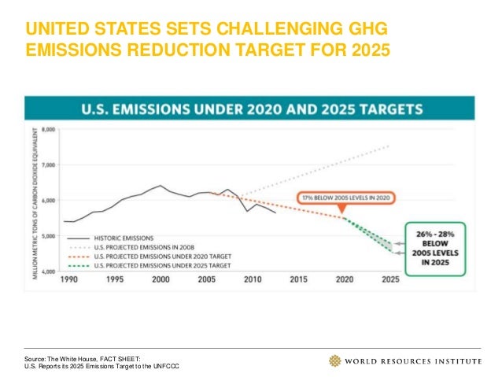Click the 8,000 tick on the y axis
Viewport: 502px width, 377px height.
click(48, 129)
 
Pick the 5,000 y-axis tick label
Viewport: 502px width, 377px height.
click(48, 236)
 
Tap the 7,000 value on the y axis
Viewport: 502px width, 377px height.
click(48, 165)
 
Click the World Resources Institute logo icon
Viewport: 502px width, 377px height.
click(334, 361)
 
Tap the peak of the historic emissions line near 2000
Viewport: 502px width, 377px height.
click(161, 186)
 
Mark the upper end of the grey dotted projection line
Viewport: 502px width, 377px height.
click(389, 146)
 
